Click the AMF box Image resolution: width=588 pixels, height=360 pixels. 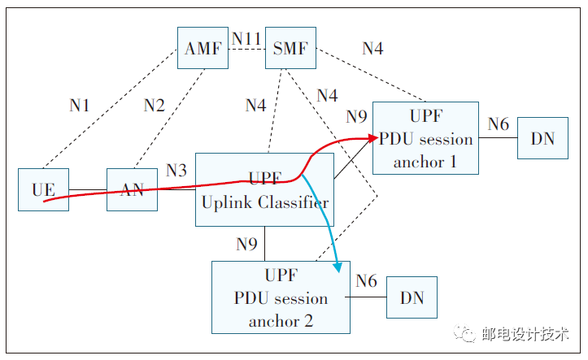click(203, 49)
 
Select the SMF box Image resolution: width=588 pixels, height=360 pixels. click(290, 49)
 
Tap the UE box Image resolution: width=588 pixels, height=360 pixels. click(43, 190)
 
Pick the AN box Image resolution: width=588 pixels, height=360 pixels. click(132, 190)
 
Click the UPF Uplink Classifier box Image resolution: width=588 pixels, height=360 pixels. click(265, 190)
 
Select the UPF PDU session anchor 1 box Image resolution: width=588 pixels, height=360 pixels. click(425, 138)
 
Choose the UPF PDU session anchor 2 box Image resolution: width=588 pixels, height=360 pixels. click(281, 297)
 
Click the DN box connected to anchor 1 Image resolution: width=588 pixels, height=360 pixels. click(542, 138)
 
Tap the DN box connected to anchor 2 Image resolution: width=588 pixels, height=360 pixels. click(412, 297)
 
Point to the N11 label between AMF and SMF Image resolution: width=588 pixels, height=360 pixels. click(247, 38)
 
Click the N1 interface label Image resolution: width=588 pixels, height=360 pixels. click(80, 105)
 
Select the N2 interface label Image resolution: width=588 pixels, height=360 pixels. click(154, 105)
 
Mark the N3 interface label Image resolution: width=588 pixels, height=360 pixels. click(176, 170)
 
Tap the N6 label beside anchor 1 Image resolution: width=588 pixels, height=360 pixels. click(499, 124)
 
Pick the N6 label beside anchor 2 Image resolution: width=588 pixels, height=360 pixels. click(366, 281)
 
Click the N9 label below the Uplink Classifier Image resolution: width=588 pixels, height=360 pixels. click(247, 244)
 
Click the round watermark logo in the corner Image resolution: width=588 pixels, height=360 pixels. click(466, 333)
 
